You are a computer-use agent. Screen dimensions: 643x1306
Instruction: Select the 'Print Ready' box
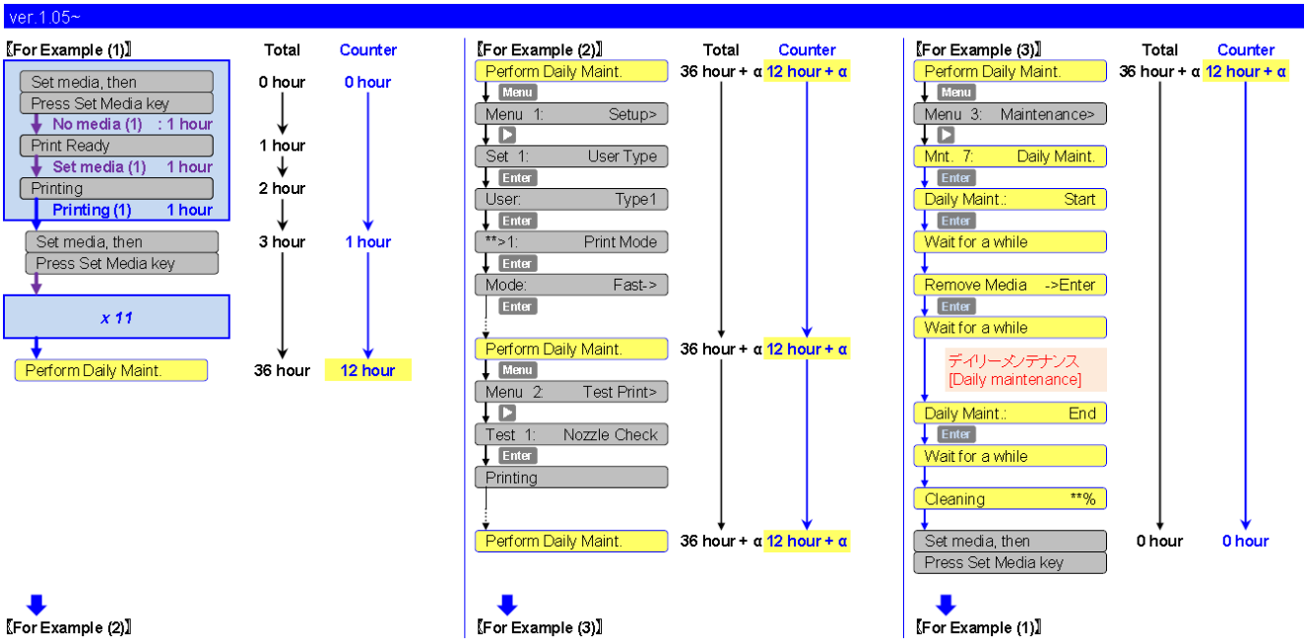tap(116, 146)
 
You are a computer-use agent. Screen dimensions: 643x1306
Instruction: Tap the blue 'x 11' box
tap(116, 317)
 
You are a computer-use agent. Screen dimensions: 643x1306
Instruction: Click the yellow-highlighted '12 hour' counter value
tap(367, 370)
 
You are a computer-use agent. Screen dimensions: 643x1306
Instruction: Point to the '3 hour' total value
tap(283, 242)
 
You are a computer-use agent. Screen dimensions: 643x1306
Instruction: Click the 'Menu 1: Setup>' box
tap(571, 114)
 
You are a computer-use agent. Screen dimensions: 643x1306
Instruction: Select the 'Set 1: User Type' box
tap(571, 157)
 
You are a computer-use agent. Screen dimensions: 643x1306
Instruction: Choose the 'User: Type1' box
tap(571, 200)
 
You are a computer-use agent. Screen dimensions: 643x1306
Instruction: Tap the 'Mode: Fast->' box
tap(571, 286)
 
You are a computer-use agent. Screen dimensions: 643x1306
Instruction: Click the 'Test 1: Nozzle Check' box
tap(571, 435)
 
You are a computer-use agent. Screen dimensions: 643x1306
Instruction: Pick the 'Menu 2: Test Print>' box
tap(571, 392)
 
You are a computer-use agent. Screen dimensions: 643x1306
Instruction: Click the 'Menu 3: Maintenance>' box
tap(1010, 114)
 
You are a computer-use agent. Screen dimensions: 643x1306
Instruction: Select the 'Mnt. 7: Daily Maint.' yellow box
tap(1010, 157)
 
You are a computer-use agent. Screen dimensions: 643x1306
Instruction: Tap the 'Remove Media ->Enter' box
tap(1010, 286)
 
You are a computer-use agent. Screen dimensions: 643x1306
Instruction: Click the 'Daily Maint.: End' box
tap(1010, 414)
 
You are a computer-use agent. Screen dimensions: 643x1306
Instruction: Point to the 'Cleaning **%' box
tap(1010, 499)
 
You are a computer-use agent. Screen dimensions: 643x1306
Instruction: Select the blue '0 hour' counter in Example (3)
tap(1245, 541)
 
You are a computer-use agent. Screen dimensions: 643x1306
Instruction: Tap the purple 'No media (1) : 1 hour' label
tap(132, 124)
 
